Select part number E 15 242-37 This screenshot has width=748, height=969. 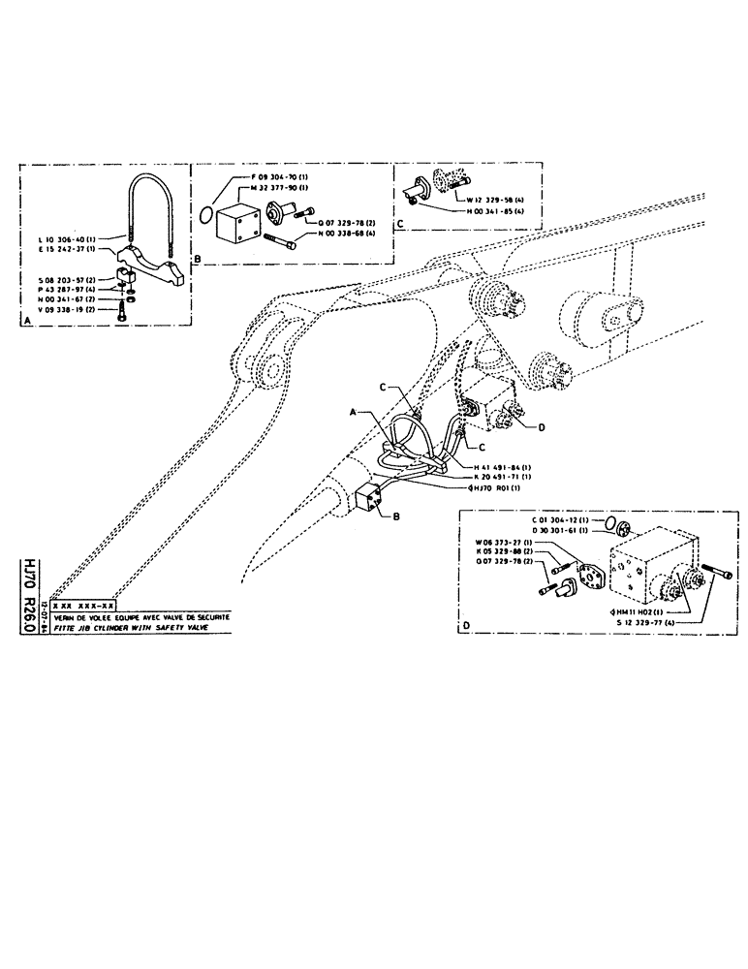tap(59, 248)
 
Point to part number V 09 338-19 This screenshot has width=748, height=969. tap(58, 309)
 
